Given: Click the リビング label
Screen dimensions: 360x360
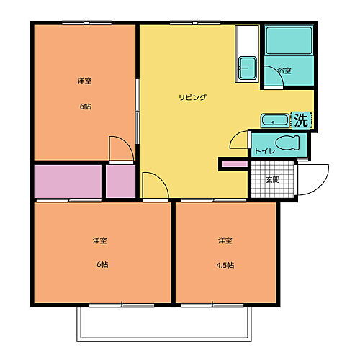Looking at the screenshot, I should (x=193, y=97).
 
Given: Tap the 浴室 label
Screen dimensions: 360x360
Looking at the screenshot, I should (x=283, y=71).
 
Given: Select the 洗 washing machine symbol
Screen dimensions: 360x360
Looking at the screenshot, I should (x=300, y=120).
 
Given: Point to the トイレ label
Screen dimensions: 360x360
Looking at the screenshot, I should (x=261, y=151).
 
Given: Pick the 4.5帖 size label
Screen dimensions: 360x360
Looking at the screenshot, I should (x=225, y=264).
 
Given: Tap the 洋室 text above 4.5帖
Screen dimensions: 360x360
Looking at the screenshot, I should (x=225, y=240).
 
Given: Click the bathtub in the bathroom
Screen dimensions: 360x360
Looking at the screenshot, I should (x=288, y=41).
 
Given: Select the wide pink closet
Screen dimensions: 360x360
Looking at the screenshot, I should (x=67, y=181).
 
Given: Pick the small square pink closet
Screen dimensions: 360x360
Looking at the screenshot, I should (x=120, y=181).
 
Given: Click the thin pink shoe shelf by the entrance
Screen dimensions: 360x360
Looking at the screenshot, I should (x=233, y=165).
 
